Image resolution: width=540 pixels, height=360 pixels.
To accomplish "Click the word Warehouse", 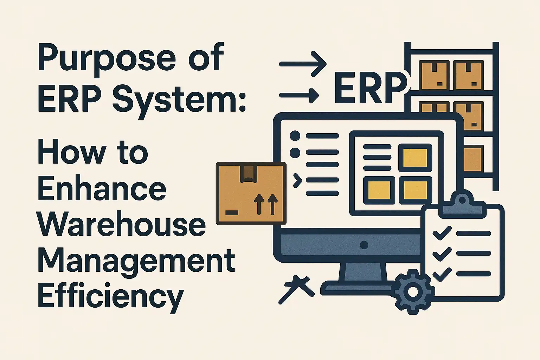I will pyautogui.click(x=121, y=225).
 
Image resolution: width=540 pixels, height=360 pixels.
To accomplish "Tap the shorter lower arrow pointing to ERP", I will pyautogui.click(x=299, y=95).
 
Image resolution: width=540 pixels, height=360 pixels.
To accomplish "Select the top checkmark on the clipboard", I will pyautogui.click(x=442, y=233).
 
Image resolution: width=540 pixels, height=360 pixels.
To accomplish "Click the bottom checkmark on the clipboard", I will pyautogui.click(x=442, y=274).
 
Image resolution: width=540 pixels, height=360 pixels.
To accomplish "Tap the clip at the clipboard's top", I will pyautogui.click(x=462, y=203).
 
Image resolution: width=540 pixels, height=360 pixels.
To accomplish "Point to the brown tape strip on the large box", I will pyautogui.click(x=248, y=173).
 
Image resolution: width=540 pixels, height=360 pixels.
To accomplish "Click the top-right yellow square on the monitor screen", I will pyautogui.click(x=415, y=157).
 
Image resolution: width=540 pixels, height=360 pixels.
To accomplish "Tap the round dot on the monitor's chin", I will pyautogui.click(x=364, y=245).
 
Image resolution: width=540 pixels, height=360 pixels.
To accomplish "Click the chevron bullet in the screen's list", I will pyautogui.click(x=297, y=180).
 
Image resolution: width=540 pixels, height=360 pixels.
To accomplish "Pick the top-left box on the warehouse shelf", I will pyautogui.click(x=434, y=75).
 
